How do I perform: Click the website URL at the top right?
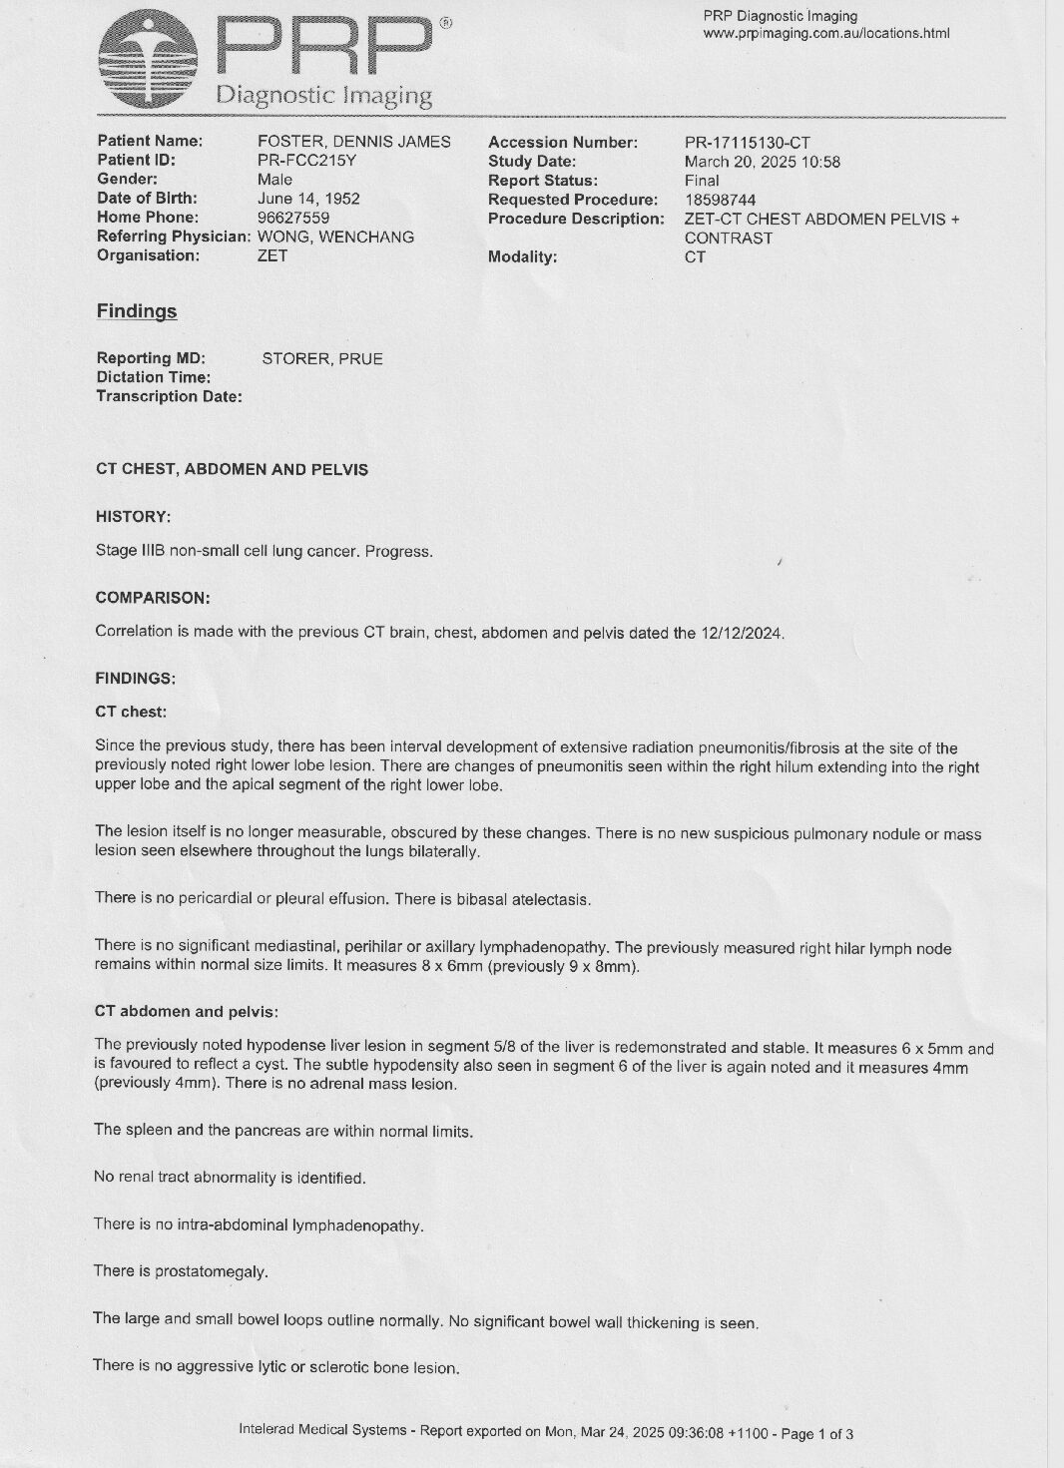[826, 34]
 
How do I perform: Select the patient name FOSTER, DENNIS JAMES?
[353, 142]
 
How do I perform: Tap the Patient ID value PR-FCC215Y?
[300, 160]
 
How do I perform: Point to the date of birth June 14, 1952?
[308, 199]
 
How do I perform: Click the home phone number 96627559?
[293, 218]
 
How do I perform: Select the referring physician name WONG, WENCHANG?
[335, 237]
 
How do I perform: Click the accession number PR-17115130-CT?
[747, 143]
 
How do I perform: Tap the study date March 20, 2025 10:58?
[762, 162]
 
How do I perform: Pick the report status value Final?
[702, 181]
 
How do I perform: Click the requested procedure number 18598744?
[720, 200]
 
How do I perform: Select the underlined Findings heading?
[137, 311]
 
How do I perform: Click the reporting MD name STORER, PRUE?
[321, 359]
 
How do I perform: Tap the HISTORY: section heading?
[133, 517]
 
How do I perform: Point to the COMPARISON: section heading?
[153, 598]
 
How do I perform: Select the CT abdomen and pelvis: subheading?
[186, 1011]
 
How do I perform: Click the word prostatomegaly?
[217, 1271]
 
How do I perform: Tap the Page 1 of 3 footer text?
[816, 1434]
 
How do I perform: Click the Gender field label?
[127, 179]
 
